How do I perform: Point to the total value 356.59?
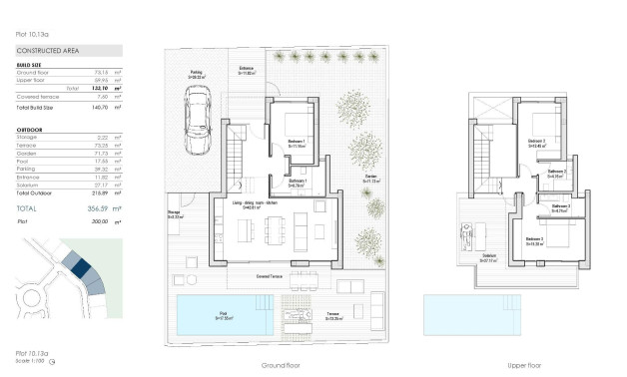95,207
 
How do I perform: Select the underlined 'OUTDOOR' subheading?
29,129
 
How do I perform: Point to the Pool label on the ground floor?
224,314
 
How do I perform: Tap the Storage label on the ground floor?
174,214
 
